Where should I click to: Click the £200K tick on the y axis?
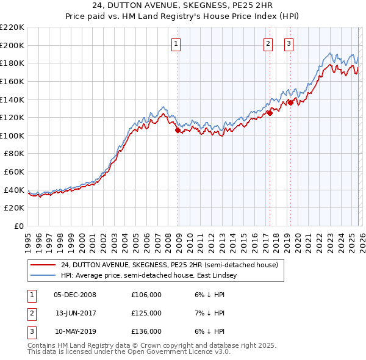pyautogui.click(x=12, y=45)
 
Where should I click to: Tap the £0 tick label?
pyautogui.click(x=19, y=226)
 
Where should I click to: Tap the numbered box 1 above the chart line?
pyautogui.click(x=176, y=43)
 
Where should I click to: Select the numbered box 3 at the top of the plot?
pyautogui.click(x=288, y=43)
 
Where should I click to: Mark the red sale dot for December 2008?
pyautogui.click(x=178, y=130)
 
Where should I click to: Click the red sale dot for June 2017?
pyautogui.click(x=270, y=113)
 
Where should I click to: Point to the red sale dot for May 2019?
pyautogui.click(x=290, y=103)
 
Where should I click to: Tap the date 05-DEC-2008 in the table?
pyautogui.click(x=74, y=295)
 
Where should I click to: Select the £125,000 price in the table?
pyautogui.click(x=146, y=313)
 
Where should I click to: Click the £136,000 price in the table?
pyautogui.click(x=146, y=331)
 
